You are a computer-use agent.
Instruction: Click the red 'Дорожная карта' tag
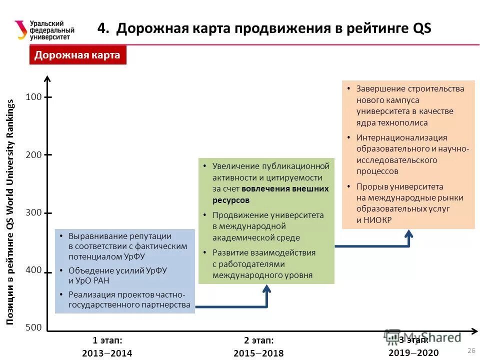[x=77, y=55]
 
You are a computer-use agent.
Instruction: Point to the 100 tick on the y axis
[x=34, y=97]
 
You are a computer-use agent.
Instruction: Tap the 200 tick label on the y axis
[x=34, y=155]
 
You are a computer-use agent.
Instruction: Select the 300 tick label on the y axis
[x=34, y=212]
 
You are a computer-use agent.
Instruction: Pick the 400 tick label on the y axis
[x=34, y=270]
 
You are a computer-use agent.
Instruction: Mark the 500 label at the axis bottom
[x=34, y=327]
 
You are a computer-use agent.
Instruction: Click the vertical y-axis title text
[x=11, y=212]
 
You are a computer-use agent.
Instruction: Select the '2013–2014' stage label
[x=107, y=353]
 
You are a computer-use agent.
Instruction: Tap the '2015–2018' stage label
[x=258, y=353]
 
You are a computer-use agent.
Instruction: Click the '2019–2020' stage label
[x=413, y=353]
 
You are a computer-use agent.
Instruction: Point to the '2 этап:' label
[x=258, y=340]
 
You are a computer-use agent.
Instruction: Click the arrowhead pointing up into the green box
[x=266, y=288]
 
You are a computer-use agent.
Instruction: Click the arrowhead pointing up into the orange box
[x=409, y=233]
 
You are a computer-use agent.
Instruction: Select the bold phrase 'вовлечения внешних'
[x=285, y=189]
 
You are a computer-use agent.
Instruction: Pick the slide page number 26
[x=470, y=349]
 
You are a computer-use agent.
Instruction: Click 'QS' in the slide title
[x=420, y=28]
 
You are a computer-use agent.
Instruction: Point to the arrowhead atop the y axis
[x=47, y=78]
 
